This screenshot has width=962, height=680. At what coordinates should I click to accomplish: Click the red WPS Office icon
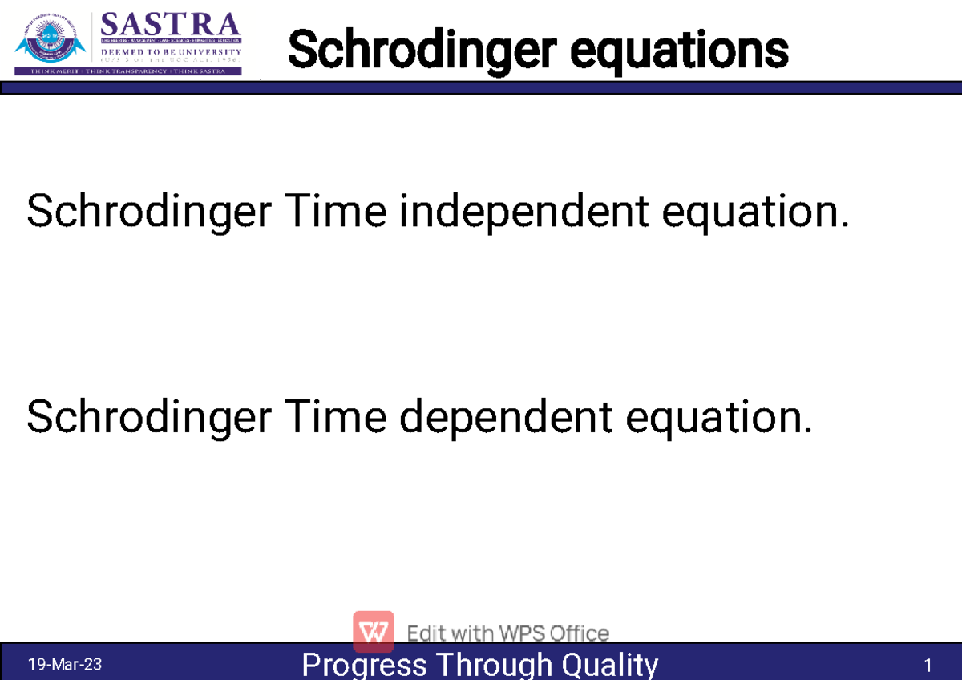(374, 631)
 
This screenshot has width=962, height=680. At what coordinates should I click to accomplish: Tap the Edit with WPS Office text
(508, 633)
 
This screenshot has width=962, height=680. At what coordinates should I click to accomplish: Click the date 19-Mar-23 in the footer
(65, 665)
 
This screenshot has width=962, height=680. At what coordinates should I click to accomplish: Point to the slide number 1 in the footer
(928, 666)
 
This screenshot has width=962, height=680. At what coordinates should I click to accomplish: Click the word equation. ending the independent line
(754, 213)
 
